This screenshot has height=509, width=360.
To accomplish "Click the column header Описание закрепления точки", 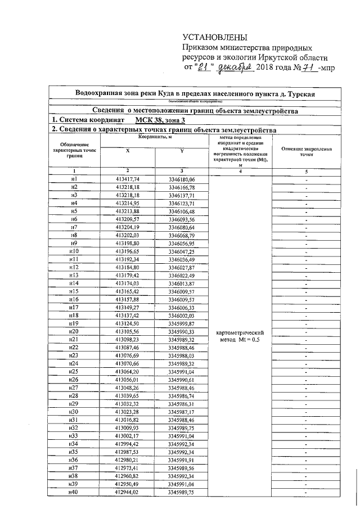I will (306, 151).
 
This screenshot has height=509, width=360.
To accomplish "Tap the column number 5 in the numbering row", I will (306, 171).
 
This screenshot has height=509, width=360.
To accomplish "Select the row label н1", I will (74, 178).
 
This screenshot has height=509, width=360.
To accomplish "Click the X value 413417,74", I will (127, 178).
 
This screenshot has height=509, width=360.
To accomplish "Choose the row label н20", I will (74, 332).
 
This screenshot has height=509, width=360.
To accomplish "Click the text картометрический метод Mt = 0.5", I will (240, 336).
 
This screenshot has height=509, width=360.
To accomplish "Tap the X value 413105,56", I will (127, 332).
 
